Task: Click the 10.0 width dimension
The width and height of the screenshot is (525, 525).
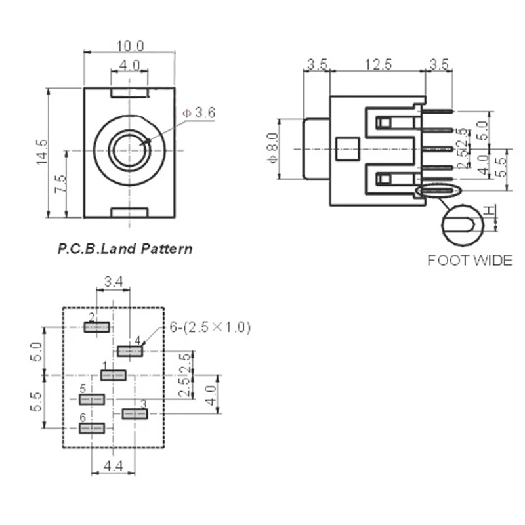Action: tap(130, 45)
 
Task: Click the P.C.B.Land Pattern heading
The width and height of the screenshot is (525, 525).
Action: tap(125, 249)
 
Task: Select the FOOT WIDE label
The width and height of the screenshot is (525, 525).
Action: tap(469, 261)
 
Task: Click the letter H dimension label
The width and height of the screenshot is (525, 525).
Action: tap(489, 210)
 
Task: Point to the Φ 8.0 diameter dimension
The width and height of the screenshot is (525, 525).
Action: tap(274, 148)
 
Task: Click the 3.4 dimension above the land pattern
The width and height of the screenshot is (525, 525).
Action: tap(113, 282)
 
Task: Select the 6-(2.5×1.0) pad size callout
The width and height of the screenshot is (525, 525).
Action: tap(209, 327)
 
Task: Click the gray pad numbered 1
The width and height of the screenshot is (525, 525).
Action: tap(114, 375)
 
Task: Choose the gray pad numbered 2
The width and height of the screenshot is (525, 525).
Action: tap(96, 327)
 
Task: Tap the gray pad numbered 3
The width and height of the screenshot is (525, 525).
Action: tap(135, 413)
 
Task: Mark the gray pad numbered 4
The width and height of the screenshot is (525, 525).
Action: tap(130, 352)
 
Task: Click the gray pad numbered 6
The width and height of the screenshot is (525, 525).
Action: tap(92, 428)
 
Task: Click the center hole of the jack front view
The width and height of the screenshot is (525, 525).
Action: tap(129, 151)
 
